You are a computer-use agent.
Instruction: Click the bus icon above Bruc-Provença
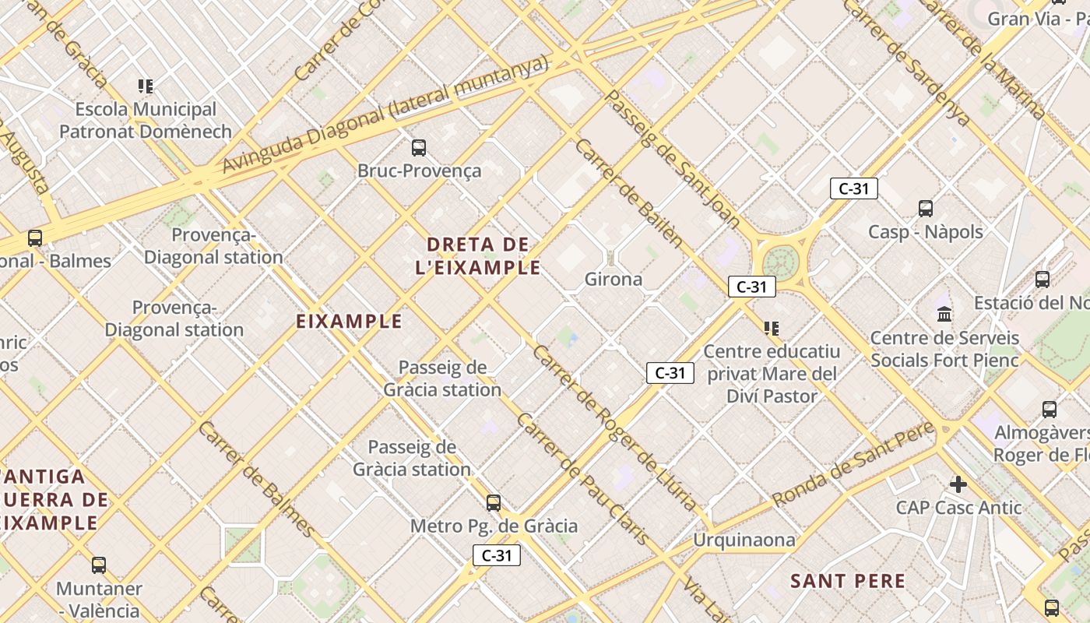click(419, 147)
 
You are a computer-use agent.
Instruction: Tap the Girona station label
click(614, 279)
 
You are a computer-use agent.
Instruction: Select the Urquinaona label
click(744, 540)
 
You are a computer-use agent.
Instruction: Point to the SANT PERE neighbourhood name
click(848, 581)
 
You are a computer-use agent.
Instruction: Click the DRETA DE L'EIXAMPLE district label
click(478, 256)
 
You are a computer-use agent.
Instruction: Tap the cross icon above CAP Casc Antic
click(958, 484)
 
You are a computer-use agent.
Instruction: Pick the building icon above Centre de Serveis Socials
click(944, 314)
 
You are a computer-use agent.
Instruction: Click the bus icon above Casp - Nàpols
click(925, 209)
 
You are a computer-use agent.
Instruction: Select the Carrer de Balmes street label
click(257, 479)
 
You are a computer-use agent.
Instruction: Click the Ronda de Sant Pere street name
click(853, 464)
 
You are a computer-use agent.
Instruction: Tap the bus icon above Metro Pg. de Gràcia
click(493, 503)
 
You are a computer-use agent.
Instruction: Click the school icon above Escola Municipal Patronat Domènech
click(146, 86)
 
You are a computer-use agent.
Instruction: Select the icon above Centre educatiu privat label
click(772, 329)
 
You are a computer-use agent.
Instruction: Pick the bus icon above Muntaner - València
click(99, 565)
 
